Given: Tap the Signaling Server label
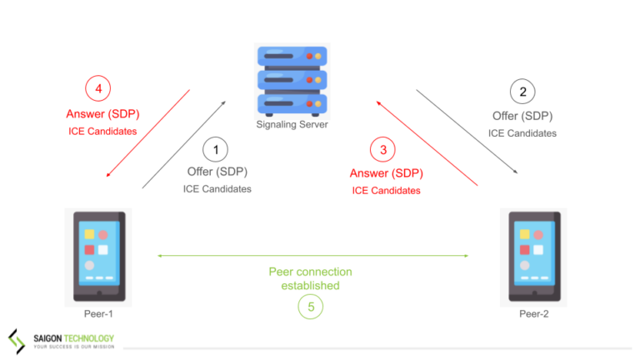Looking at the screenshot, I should (292, 125).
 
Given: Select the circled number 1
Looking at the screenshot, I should (217, 151).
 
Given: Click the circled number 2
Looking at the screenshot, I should (522, 92).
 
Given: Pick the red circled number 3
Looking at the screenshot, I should (383, 151).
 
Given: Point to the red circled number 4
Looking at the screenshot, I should (98, 88).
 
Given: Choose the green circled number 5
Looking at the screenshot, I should (310, 307).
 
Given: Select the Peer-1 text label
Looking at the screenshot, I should (98, 314).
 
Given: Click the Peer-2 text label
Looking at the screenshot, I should (534, 314).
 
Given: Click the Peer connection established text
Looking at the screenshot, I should (310, 278).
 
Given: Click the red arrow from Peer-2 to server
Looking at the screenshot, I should (427, 143).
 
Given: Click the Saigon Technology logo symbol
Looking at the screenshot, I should (17, 341).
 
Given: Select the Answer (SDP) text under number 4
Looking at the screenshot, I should (97, 114).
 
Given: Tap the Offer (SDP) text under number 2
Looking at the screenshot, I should (522, 117).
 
